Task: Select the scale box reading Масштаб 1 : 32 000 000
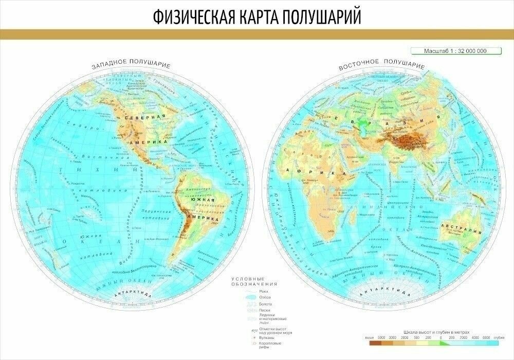coord(448,50)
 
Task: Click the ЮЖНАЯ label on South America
coord(203,203)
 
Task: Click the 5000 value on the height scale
coord(381,337)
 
